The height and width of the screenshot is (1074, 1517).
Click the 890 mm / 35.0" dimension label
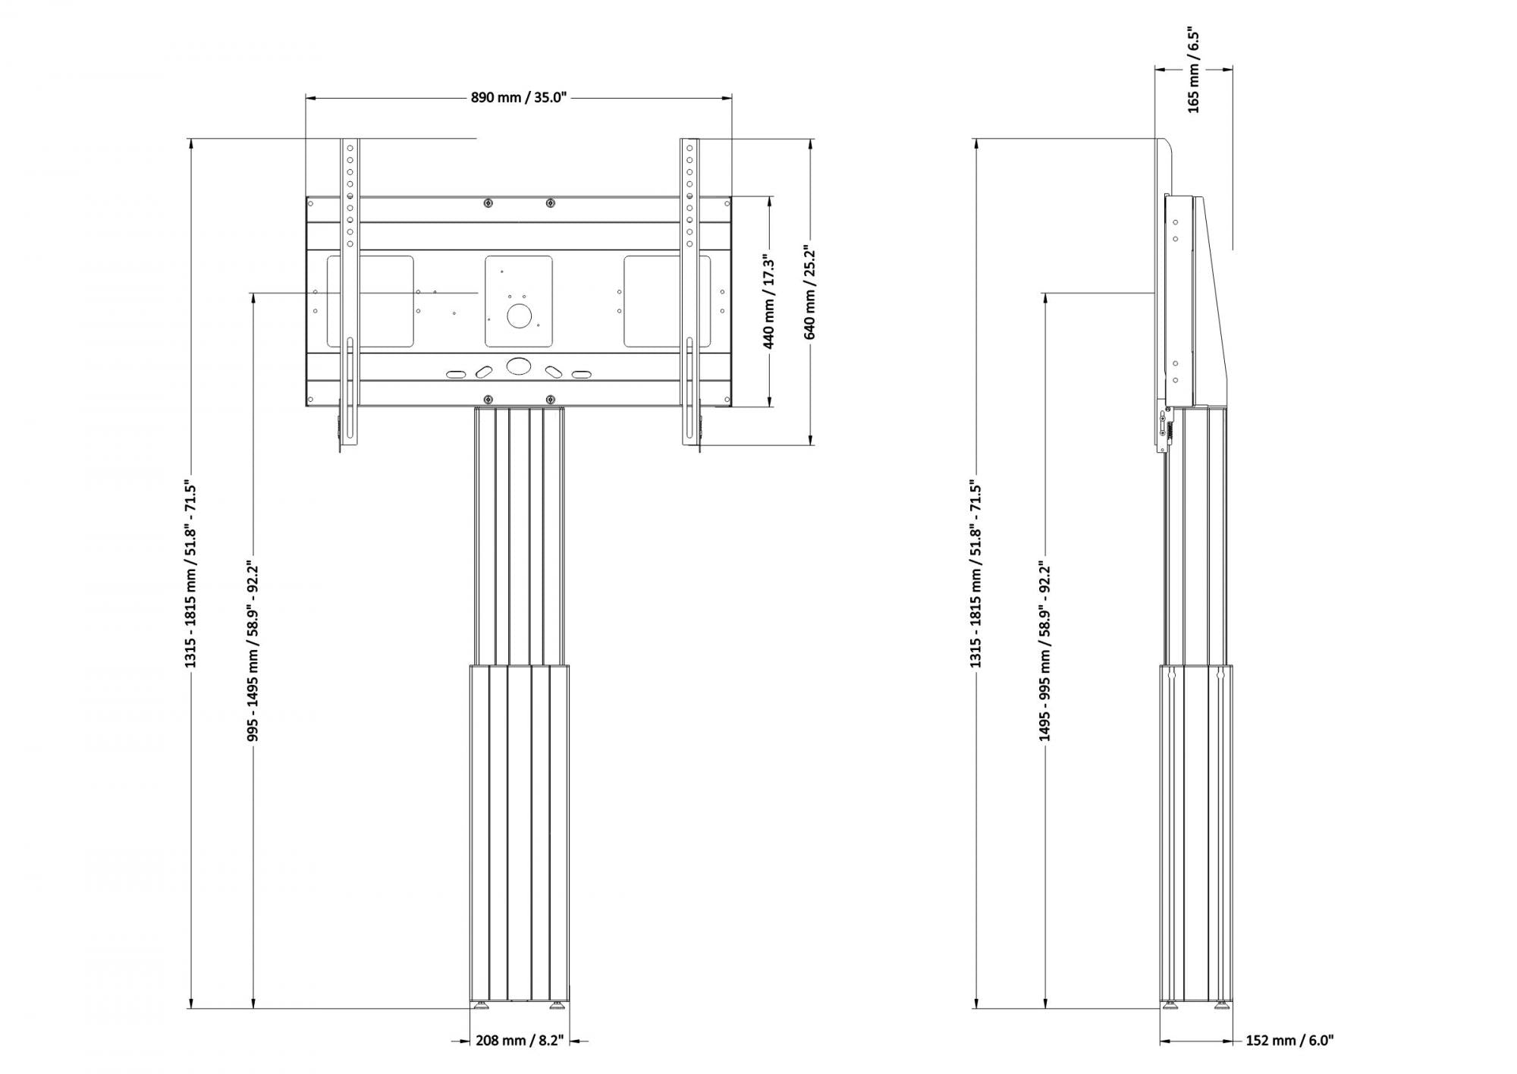point(519,98)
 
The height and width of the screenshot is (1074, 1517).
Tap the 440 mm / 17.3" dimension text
point(769,301)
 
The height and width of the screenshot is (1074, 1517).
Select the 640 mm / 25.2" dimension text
point(810,291)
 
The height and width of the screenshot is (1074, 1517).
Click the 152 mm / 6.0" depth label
point(1289,1040)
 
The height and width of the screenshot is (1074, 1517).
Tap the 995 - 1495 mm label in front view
point(253,652)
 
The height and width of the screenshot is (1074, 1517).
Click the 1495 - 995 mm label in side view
point(1045,652)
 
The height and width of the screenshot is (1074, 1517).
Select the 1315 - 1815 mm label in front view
point(191,576)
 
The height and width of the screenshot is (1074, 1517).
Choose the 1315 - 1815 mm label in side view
point(975,576)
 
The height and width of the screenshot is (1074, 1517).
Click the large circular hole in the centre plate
point(519,316)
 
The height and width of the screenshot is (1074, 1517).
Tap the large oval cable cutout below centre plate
point(519,366)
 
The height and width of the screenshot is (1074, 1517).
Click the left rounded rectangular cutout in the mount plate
point(370,301)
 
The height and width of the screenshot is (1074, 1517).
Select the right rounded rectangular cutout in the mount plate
point(667,301)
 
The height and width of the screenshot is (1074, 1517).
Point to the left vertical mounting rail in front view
point(349,296)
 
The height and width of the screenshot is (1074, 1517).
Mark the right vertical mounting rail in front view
point(689,296)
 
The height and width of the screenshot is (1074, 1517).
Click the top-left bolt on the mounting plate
point(488,203)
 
